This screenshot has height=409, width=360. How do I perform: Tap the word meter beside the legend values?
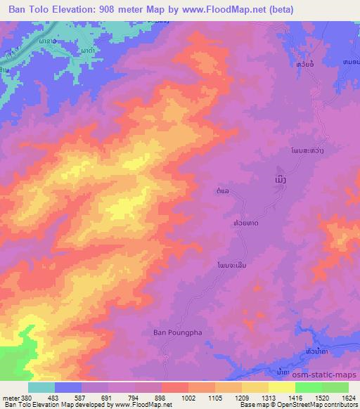pyautogui.click(x=10, y=398)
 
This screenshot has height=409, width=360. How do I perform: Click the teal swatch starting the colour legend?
pyautogui.click(x=41, y=387)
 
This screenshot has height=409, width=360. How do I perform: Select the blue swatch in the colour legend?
pyautogui.click(x=68, y=387)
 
